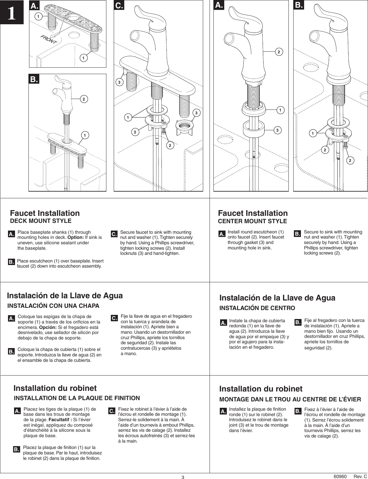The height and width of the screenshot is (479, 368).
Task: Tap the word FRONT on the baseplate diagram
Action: click(x=49, y=40)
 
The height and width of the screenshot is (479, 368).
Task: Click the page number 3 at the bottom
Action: click(x=183, y=477)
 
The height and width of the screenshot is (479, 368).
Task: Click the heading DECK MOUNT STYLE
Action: click(x=41, y=221)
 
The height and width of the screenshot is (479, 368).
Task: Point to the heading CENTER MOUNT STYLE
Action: click(x=252, y=221)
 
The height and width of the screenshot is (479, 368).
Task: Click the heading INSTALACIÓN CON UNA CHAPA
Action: click(x=53, y=306)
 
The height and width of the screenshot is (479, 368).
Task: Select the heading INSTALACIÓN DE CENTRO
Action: click(x=257, y=308)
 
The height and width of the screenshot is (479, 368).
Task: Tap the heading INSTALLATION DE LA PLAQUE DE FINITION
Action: click(x=77, y=398)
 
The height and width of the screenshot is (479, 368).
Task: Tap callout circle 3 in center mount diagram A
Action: click(x=278, y=130)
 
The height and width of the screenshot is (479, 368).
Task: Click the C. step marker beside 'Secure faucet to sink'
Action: click(x=114, y=234)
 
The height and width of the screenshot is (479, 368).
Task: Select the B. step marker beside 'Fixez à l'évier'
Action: click(x=297, y=411)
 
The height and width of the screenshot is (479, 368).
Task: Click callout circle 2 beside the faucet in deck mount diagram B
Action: click(x=83, y=99)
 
